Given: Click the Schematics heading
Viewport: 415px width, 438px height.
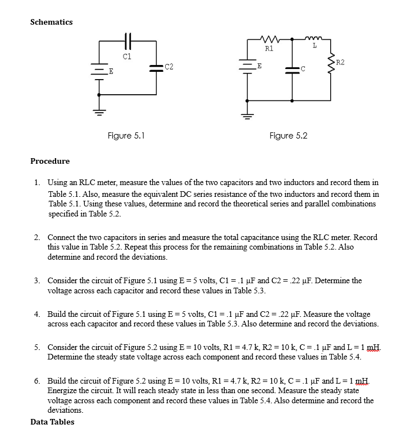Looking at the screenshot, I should click(x=51, y=22).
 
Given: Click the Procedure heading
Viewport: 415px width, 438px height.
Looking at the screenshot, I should click(x=50, y=161).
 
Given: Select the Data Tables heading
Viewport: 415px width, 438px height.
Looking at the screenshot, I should click(x=52, y=421).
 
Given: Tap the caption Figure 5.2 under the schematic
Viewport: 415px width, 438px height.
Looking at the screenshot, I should click(x=288, y=136).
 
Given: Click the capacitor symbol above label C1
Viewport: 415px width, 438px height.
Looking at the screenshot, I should click(x=127, y=43).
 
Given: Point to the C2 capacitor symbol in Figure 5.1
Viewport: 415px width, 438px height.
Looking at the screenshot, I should click(x=156, y=68).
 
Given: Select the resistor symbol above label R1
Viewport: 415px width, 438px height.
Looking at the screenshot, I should click(x=269, y=40).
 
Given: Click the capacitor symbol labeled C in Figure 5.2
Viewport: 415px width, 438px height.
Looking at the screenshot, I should click(x=292, y=69).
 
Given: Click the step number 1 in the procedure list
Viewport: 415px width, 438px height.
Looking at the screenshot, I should click(x=37, y=183).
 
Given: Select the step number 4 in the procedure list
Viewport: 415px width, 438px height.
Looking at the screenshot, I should click(x=37, y=315).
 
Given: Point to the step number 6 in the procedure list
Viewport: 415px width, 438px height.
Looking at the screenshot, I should click(x=37, y=381).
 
